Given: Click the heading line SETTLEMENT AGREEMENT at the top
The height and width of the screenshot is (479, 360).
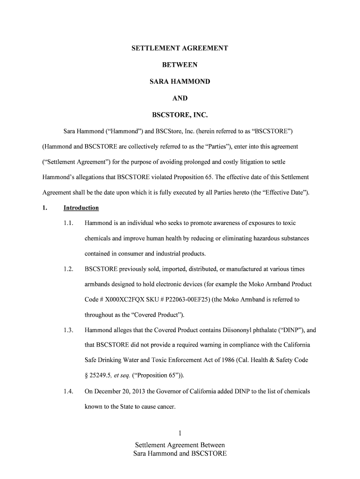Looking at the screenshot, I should [180, 48].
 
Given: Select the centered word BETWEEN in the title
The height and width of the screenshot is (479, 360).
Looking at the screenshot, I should [180, 65].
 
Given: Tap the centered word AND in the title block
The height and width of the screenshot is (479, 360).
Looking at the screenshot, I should [180, 98].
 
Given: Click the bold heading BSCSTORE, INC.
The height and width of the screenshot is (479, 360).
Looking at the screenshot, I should [180, 115].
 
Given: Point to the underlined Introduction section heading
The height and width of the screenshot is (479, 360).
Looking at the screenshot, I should [81, 208].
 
